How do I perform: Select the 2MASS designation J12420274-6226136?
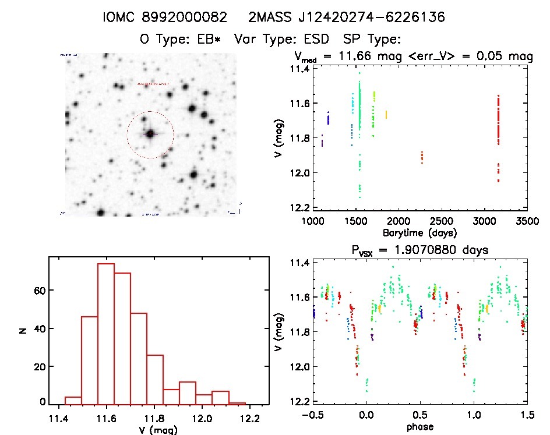pos(346,17)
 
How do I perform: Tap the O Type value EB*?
pos(212,40)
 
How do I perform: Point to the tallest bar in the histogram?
pos(106,334)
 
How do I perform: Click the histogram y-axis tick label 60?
pos(36,290)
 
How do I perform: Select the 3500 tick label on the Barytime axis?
pos(528,221)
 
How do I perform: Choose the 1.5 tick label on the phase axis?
pos(527,416)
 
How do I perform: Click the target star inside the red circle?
pos(150,134)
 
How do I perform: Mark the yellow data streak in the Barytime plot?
pos(386,114)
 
